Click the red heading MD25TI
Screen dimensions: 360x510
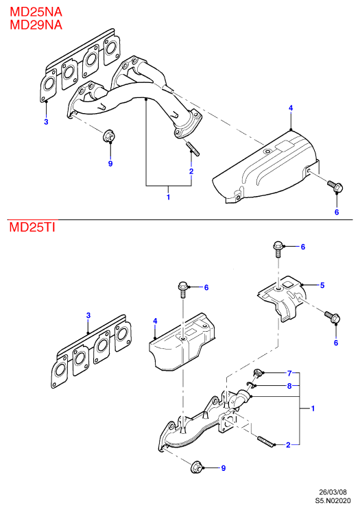pyautogui.click(x=32, y=227)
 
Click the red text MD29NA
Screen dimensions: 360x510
pyautogui.click(x=36, y=25)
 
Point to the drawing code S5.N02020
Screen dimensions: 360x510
pyautogui.click(x=333, y=500)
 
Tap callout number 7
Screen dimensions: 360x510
pyautogui.click(x=289, y=373)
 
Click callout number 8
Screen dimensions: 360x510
pyautogui.click(x=289, y=386)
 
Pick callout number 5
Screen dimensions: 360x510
pyautogui.click(x=322, y=285)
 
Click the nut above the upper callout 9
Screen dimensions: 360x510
pyautogui.click(x=108, y=136)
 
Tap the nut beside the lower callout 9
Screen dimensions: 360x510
pyautogui.click(x=196, y=467)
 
